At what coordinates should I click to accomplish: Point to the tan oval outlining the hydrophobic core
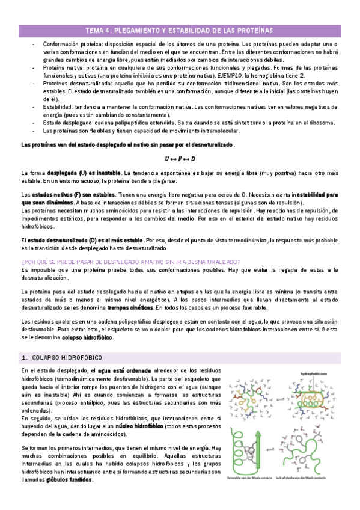(x=313, y=400)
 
